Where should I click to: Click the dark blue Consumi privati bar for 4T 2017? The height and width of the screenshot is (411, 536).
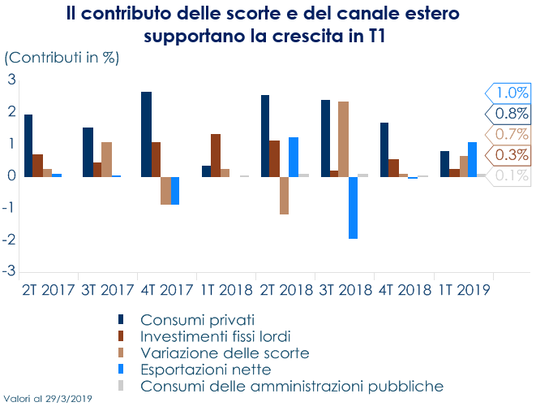(x=146, y=134)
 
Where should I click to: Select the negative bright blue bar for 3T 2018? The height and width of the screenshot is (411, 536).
(x=354, y=207)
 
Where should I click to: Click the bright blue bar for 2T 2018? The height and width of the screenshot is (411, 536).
(x=294, y=157)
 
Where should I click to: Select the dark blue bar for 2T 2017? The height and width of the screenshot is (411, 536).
(x=28, y=145)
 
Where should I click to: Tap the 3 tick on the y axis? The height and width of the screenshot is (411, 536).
(x=11, y=80)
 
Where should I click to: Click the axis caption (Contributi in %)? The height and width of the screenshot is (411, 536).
(x=62, y=58)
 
